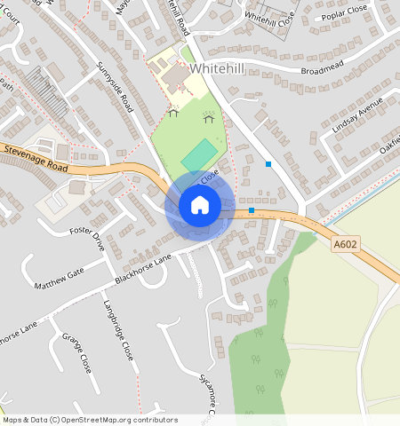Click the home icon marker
(200, 206)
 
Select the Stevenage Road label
(36, 158)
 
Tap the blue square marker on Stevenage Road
(252, 210)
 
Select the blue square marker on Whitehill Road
(268, 163)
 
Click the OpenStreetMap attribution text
(89, 420)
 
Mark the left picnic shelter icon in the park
(173, 112)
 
